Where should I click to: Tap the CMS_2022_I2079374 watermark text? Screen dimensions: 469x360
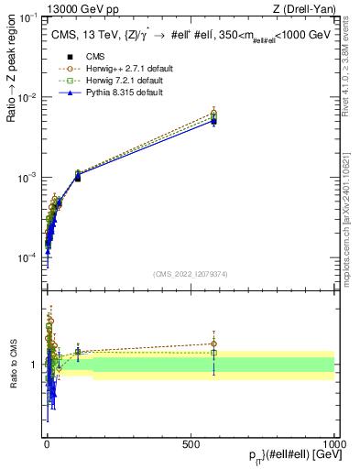coord(190,272)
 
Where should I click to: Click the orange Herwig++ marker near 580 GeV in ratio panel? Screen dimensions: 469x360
coord(213,344)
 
